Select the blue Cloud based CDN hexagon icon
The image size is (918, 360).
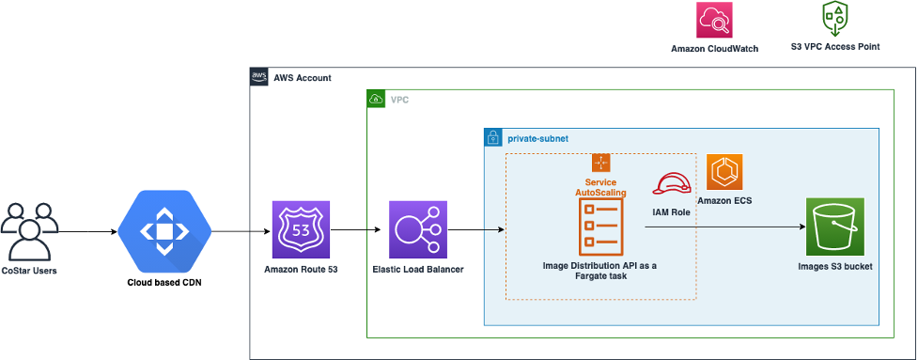pos(164,229)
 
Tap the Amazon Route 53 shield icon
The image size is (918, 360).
pos(299,229)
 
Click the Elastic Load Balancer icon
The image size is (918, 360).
pos(418,229)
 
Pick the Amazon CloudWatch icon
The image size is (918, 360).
pos(714,21)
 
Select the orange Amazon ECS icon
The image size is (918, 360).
pos(724,172)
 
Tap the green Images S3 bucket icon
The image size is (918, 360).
pos(834,227)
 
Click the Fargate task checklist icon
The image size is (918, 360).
pos(600,227)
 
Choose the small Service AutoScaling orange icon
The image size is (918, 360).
pos(600,163)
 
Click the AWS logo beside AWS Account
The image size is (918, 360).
pos(258,77)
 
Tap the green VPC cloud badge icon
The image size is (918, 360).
pos(376,99)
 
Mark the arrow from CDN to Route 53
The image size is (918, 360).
pos(240,229)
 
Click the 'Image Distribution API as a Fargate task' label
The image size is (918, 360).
pos(600,272)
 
